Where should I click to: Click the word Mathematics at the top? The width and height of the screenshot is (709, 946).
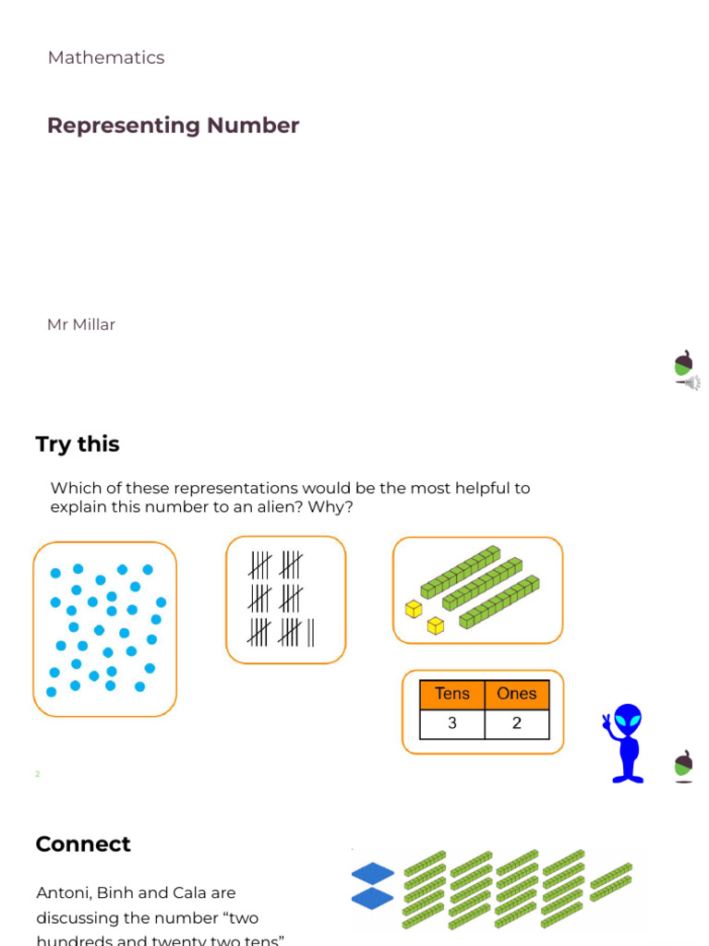coord(106,57)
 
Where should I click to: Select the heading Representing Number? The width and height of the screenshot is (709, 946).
coord(173,126)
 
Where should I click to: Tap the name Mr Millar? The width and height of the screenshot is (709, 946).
coord(81,324)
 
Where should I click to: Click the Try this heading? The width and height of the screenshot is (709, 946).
coord(78,444)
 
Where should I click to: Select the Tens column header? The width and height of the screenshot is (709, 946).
coord(452,695)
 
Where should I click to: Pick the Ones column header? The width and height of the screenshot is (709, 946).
coord(516,695)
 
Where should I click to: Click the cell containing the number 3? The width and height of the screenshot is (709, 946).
coord(452,723)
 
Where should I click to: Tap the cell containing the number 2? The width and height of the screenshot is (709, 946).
coord(516,723)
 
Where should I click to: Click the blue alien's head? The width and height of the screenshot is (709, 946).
coord(629,720)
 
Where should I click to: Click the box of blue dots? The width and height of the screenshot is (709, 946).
coord(104,629)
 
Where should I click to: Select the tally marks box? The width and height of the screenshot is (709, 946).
coord(285,600)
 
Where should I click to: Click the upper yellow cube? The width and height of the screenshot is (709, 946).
coord(414,609)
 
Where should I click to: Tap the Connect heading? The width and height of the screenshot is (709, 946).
coord(83,844)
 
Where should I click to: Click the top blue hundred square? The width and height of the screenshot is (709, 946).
coord(373,873)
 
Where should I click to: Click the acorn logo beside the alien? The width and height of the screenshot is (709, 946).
coord(683,765)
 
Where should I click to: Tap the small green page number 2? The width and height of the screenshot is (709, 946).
coord(38,774)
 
